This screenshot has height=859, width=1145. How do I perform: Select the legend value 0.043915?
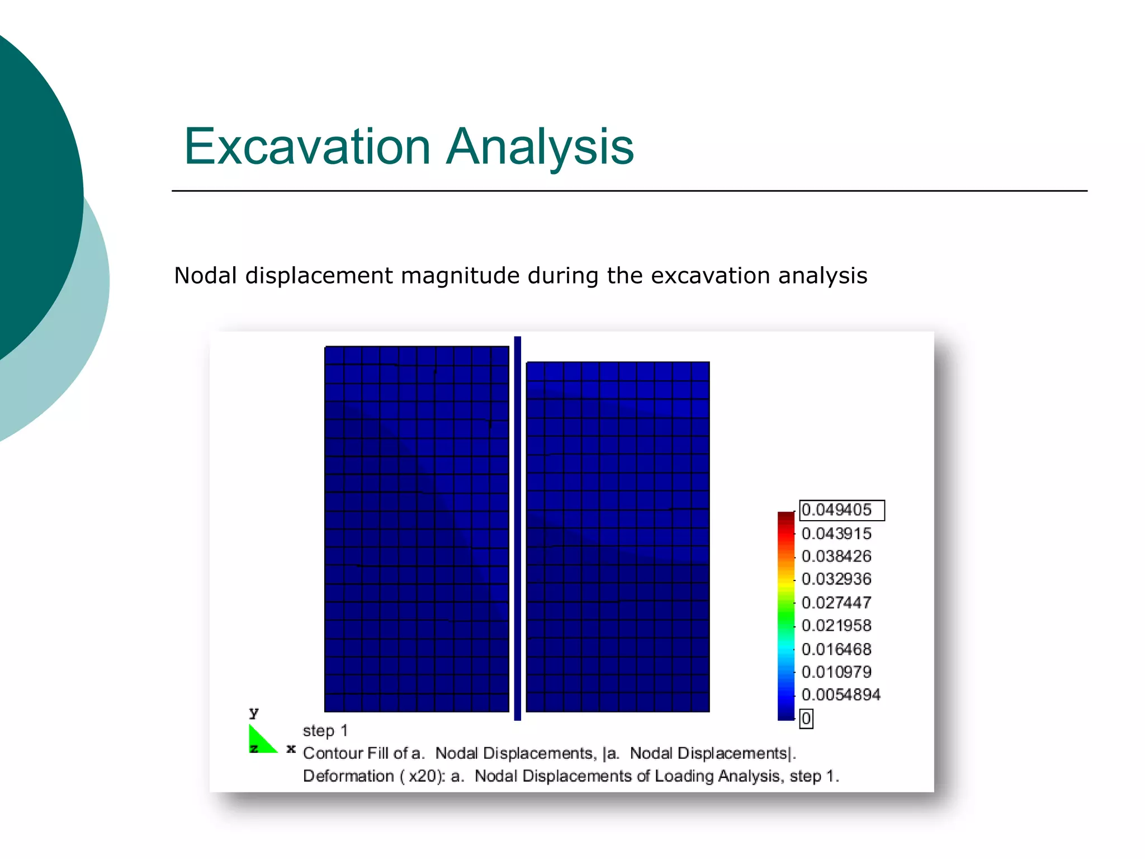point(836,534)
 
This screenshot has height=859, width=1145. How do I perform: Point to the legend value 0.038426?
point(836,556)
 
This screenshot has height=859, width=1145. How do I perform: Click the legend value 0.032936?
point(836,579)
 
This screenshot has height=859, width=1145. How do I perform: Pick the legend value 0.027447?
point(836,603)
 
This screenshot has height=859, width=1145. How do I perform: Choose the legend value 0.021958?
point(836,626)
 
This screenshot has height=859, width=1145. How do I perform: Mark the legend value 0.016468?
point(836,649)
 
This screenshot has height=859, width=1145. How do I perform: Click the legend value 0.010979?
point(836,672)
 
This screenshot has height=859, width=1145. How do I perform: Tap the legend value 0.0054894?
point(841,695)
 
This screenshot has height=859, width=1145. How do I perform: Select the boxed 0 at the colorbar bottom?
point(806,719)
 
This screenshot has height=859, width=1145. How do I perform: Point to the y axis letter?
point(254,712)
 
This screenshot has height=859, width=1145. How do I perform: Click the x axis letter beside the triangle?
point(291,748)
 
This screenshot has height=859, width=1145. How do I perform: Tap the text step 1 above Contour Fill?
point(325,731)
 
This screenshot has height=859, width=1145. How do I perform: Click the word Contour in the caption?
point(333,754)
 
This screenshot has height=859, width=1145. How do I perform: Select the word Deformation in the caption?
point(348,777)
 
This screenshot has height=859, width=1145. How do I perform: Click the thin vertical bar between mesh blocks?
point(517,528)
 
